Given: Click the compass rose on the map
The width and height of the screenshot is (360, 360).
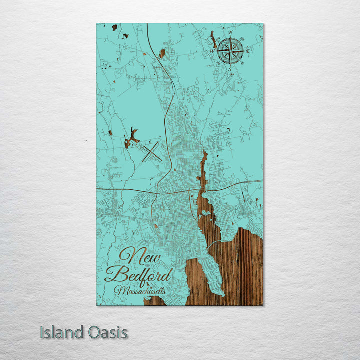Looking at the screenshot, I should pyautogui.click(x=231, y=50).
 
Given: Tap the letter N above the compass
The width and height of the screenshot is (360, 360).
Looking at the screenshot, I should pyautogui.click(x=231, y=33).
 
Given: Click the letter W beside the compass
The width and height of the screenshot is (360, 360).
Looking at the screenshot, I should pyautogui.click(x=212, y=51).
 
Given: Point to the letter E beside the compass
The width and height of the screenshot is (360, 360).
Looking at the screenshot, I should pyautogui.click(x=248, y=50).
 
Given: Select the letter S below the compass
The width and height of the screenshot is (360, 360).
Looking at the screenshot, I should pyautogui.click(x=230, y=69).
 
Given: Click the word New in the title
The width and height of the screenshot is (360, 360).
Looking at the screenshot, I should pyautogui.click(x=140, y=257).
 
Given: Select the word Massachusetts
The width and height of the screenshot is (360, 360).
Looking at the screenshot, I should pyautogui.click(x=139, y=290).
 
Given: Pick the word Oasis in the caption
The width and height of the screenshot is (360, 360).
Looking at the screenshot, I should pyautogui.click(x=106, y=332).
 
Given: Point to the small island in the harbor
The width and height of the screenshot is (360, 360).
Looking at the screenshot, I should pyautogui.click(x=204, y=213).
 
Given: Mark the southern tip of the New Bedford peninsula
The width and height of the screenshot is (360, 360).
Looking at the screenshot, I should pyautogui.click(x=220, y=293).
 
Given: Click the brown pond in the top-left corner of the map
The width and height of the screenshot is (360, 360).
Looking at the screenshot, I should pyautogui.click(x=114, y=27).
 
